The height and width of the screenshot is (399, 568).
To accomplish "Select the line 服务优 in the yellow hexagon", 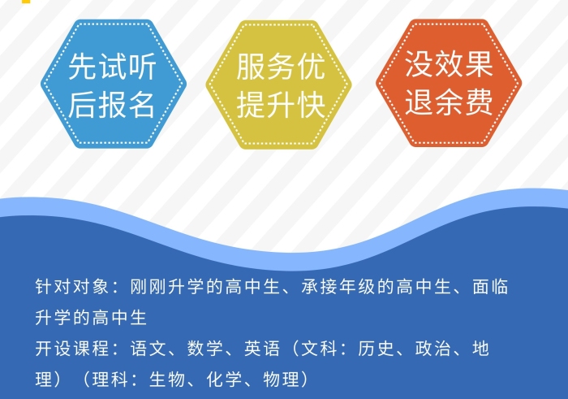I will (x=280, y=67).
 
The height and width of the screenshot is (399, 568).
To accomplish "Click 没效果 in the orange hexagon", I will (x=449, y=64).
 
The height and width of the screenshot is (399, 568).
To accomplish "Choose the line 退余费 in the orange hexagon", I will (x=449, y=102).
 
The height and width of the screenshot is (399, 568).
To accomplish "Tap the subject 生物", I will (x=167, y=379).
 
